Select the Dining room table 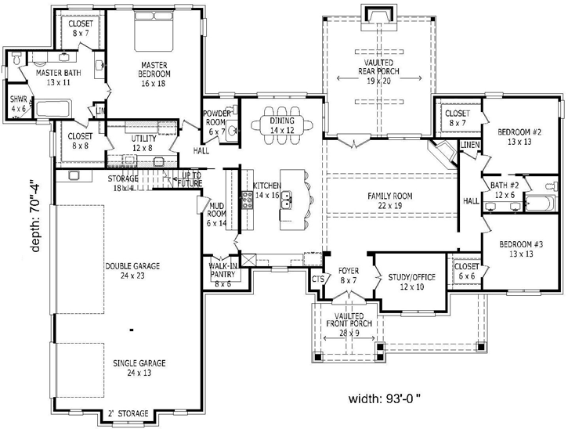284,124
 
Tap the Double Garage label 132,271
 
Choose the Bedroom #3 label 519,249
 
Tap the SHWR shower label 18,104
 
